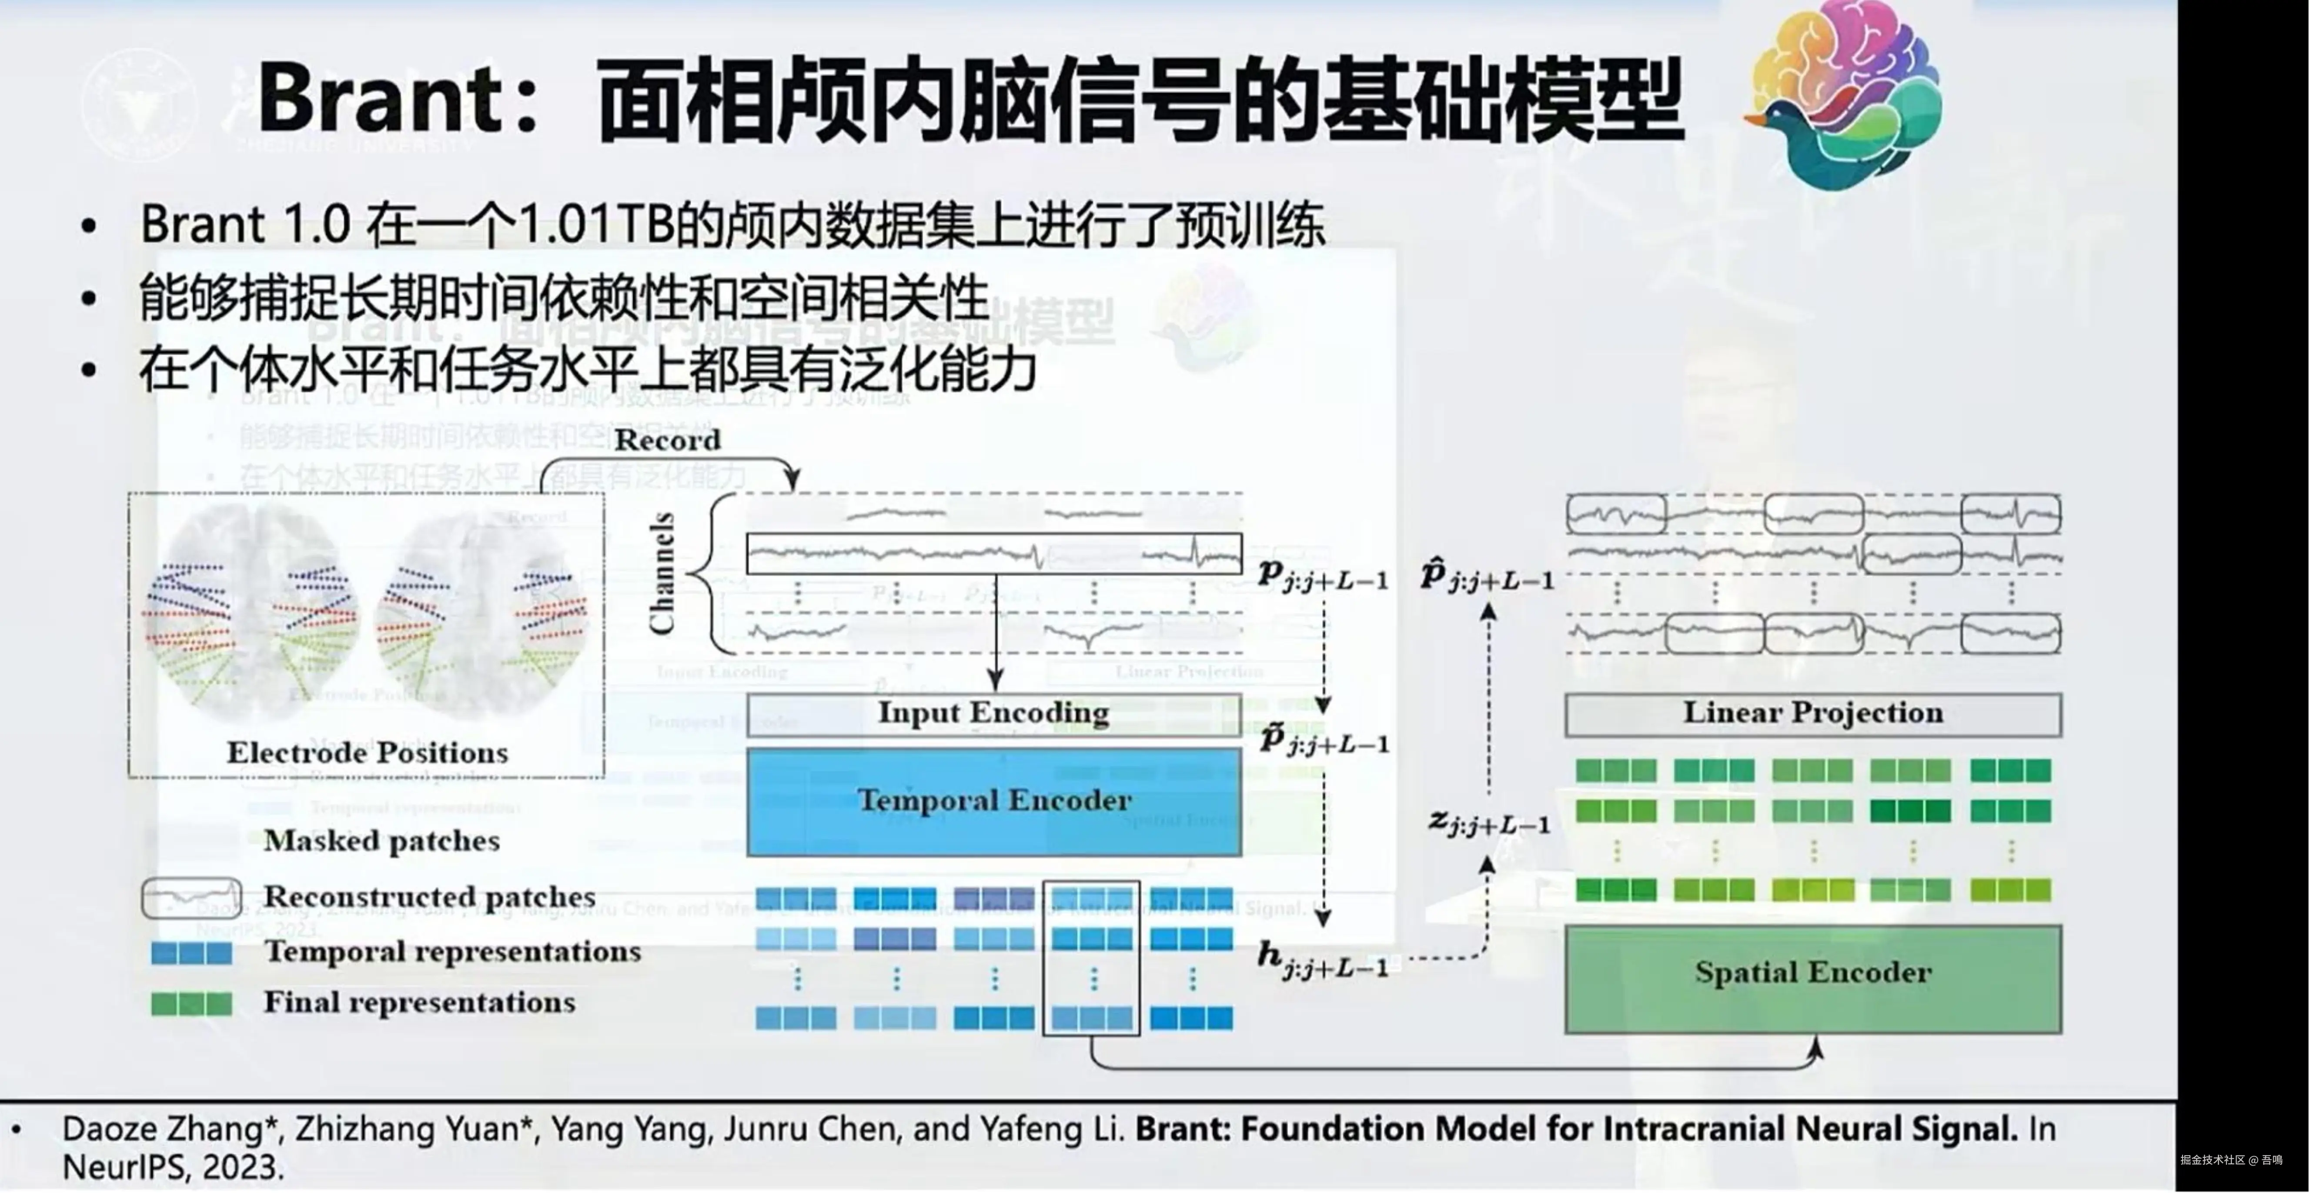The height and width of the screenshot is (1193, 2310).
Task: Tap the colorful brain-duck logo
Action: click(1847, 94)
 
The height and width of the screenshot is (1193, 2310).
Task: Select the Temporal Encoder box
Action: click(993, 800)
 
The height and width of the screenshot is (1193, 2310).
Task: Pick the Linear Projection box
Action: click(1812, 713)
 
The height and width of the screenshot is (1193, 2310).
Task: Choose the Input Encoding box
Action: click(993, 713)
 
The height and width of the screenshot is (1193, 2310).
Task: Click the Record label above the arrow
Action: click(667, 440)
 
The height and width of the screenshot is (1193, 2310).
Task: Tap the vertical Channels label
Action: click(662, 573)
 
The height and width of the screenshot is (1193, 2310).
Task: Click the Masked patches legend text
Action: click(381, 841)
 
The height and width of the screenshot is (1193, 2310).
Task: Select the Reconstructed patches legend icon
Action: click(191, 897)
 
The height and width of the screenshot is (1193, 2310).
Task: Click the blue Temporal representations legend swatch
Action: click(191, 953)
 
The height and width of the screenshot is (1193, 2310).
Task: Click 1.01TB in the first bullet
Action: click(596, 224)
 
